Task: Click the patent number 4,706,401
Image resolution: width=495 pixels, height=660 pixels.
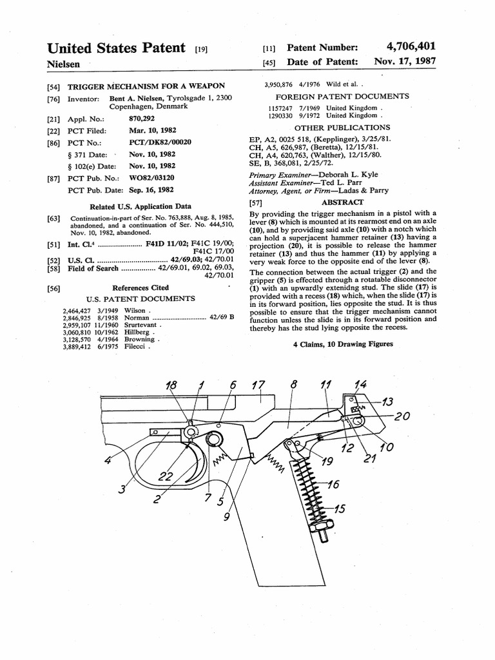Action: pyautogui.click(x=411, y=46)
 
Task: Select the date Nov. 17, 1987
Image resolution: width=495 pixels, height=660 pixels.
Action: pyautogui.click(x=405, y=62)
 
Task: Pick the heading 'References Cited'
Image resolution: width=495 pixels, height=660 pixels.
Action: pyautogui.click(x=141, y=287)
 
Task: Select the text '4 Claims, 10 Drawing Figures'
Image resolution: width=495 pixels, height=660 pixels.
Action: pyautogui.click(x=343, y=344)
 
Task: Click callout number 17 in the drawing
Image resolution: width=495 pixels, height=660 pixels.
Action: pyautogui.click(x=258, y=385)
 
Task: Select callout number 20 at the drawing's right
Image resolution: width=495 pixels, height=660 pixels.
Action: pyautogui.click(x=402, y=416)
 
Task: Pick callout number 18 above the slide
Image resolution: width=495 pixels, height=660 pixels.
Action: pyautogui.click(x=171, y=385)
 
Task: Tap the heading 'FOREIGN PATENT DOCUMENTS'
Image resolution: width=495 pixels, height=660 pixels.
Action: pyautogui.click(x=342, y=96)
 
